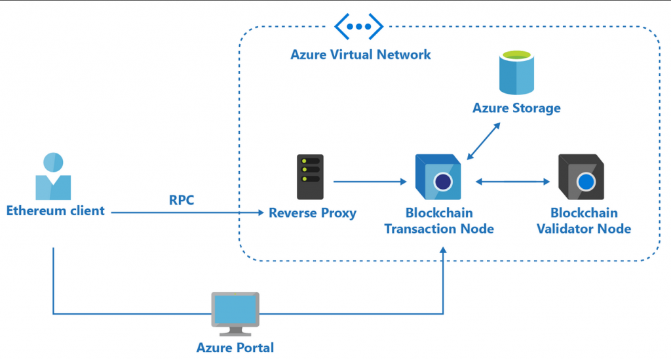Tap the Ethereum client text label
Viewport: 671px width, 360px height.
[x=55, y=211]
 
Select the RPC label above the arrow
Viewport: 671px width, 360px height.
[x=182, y=200]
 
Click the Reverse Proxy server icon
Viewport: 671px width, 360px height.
[x=310, y=177]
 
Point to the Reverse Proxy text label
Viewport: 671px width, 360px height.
[x=313, y=212]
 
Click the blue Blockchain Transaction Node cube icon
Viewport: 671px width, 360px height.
[x=438, y=176]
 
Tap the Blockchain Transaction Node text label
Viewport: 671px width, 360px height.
[x=438, y=221]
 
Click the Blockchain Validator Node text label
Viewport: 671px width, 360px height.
[x=584, y=221]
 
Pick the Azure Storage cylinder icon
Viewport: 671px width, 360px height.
[x=517, y=74]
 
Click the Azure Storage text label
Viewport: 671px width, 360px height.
[x=516, y=108]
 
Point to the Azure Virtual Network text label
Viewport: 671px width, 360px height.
[x=360, y=54]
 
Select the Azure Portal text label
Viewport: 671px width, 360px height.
[x=235, y=348]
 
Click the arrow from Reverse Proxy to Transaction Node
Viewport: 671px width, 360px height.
[x=370, y=181]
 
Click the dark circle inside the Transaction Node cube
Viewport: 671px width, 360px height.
[x=444, y=182]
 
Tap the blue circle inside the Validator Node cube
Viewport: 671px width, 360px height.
[x=586, y=182]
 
